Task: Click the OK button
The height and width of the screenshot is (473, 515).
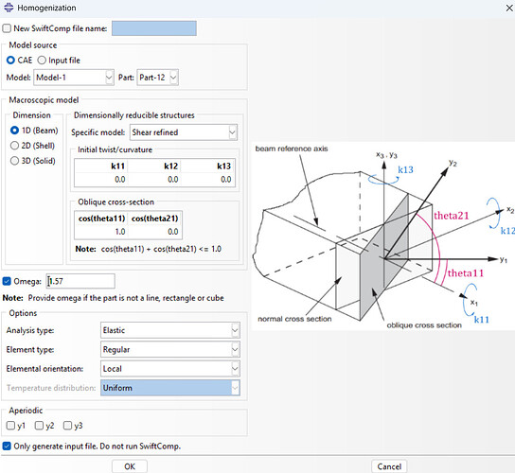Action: pos(130,466)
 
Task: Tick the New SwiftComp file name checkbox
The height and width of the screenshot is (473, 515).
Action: pos(7,28)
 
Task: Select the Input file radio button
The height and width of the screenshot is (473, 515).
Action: pos(42,61)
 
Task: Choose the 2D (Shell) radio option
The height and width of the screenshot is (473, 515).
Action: pos(14,146)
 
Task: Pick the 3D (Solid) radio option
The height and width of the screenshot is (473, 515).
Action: pos(14,161)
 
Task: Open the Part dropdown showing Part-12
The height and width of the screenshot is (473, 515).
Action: pos(158,78)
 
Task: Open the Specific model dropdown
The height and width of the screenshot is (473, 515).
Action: pos(184,132)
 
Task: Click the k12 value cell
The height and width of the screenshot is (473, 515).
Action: pos(154,180)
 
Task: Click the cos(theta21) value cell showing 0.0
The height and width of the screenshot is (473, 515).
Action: pos(155,232)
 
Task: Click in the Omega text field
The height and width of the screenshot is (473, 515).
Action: pos(80,281)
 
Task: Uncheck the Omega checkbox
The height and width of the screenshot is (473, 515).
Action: pos(7,281)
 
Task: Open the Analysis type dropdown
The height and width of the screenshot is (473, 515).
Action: pos(170,330)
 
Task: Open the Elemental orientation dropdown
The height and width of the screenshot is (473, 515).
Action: pos(170,369)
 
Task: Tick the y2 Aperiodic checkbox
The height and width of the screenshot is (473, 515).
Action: pos(39,426)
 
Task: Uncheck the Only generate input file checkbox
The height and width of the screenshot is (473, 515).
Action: pos(7,447)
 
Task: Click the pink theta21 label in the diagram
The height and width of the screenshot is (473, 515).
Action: pos(451,216)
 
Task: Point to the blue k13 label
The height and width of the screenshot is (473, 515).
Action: pos(405,169)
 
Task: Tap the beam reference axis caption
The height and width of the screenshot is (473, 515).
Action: pos(292,149)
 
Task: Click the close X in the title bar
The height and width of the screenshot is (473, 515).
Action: pos(509,8)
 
